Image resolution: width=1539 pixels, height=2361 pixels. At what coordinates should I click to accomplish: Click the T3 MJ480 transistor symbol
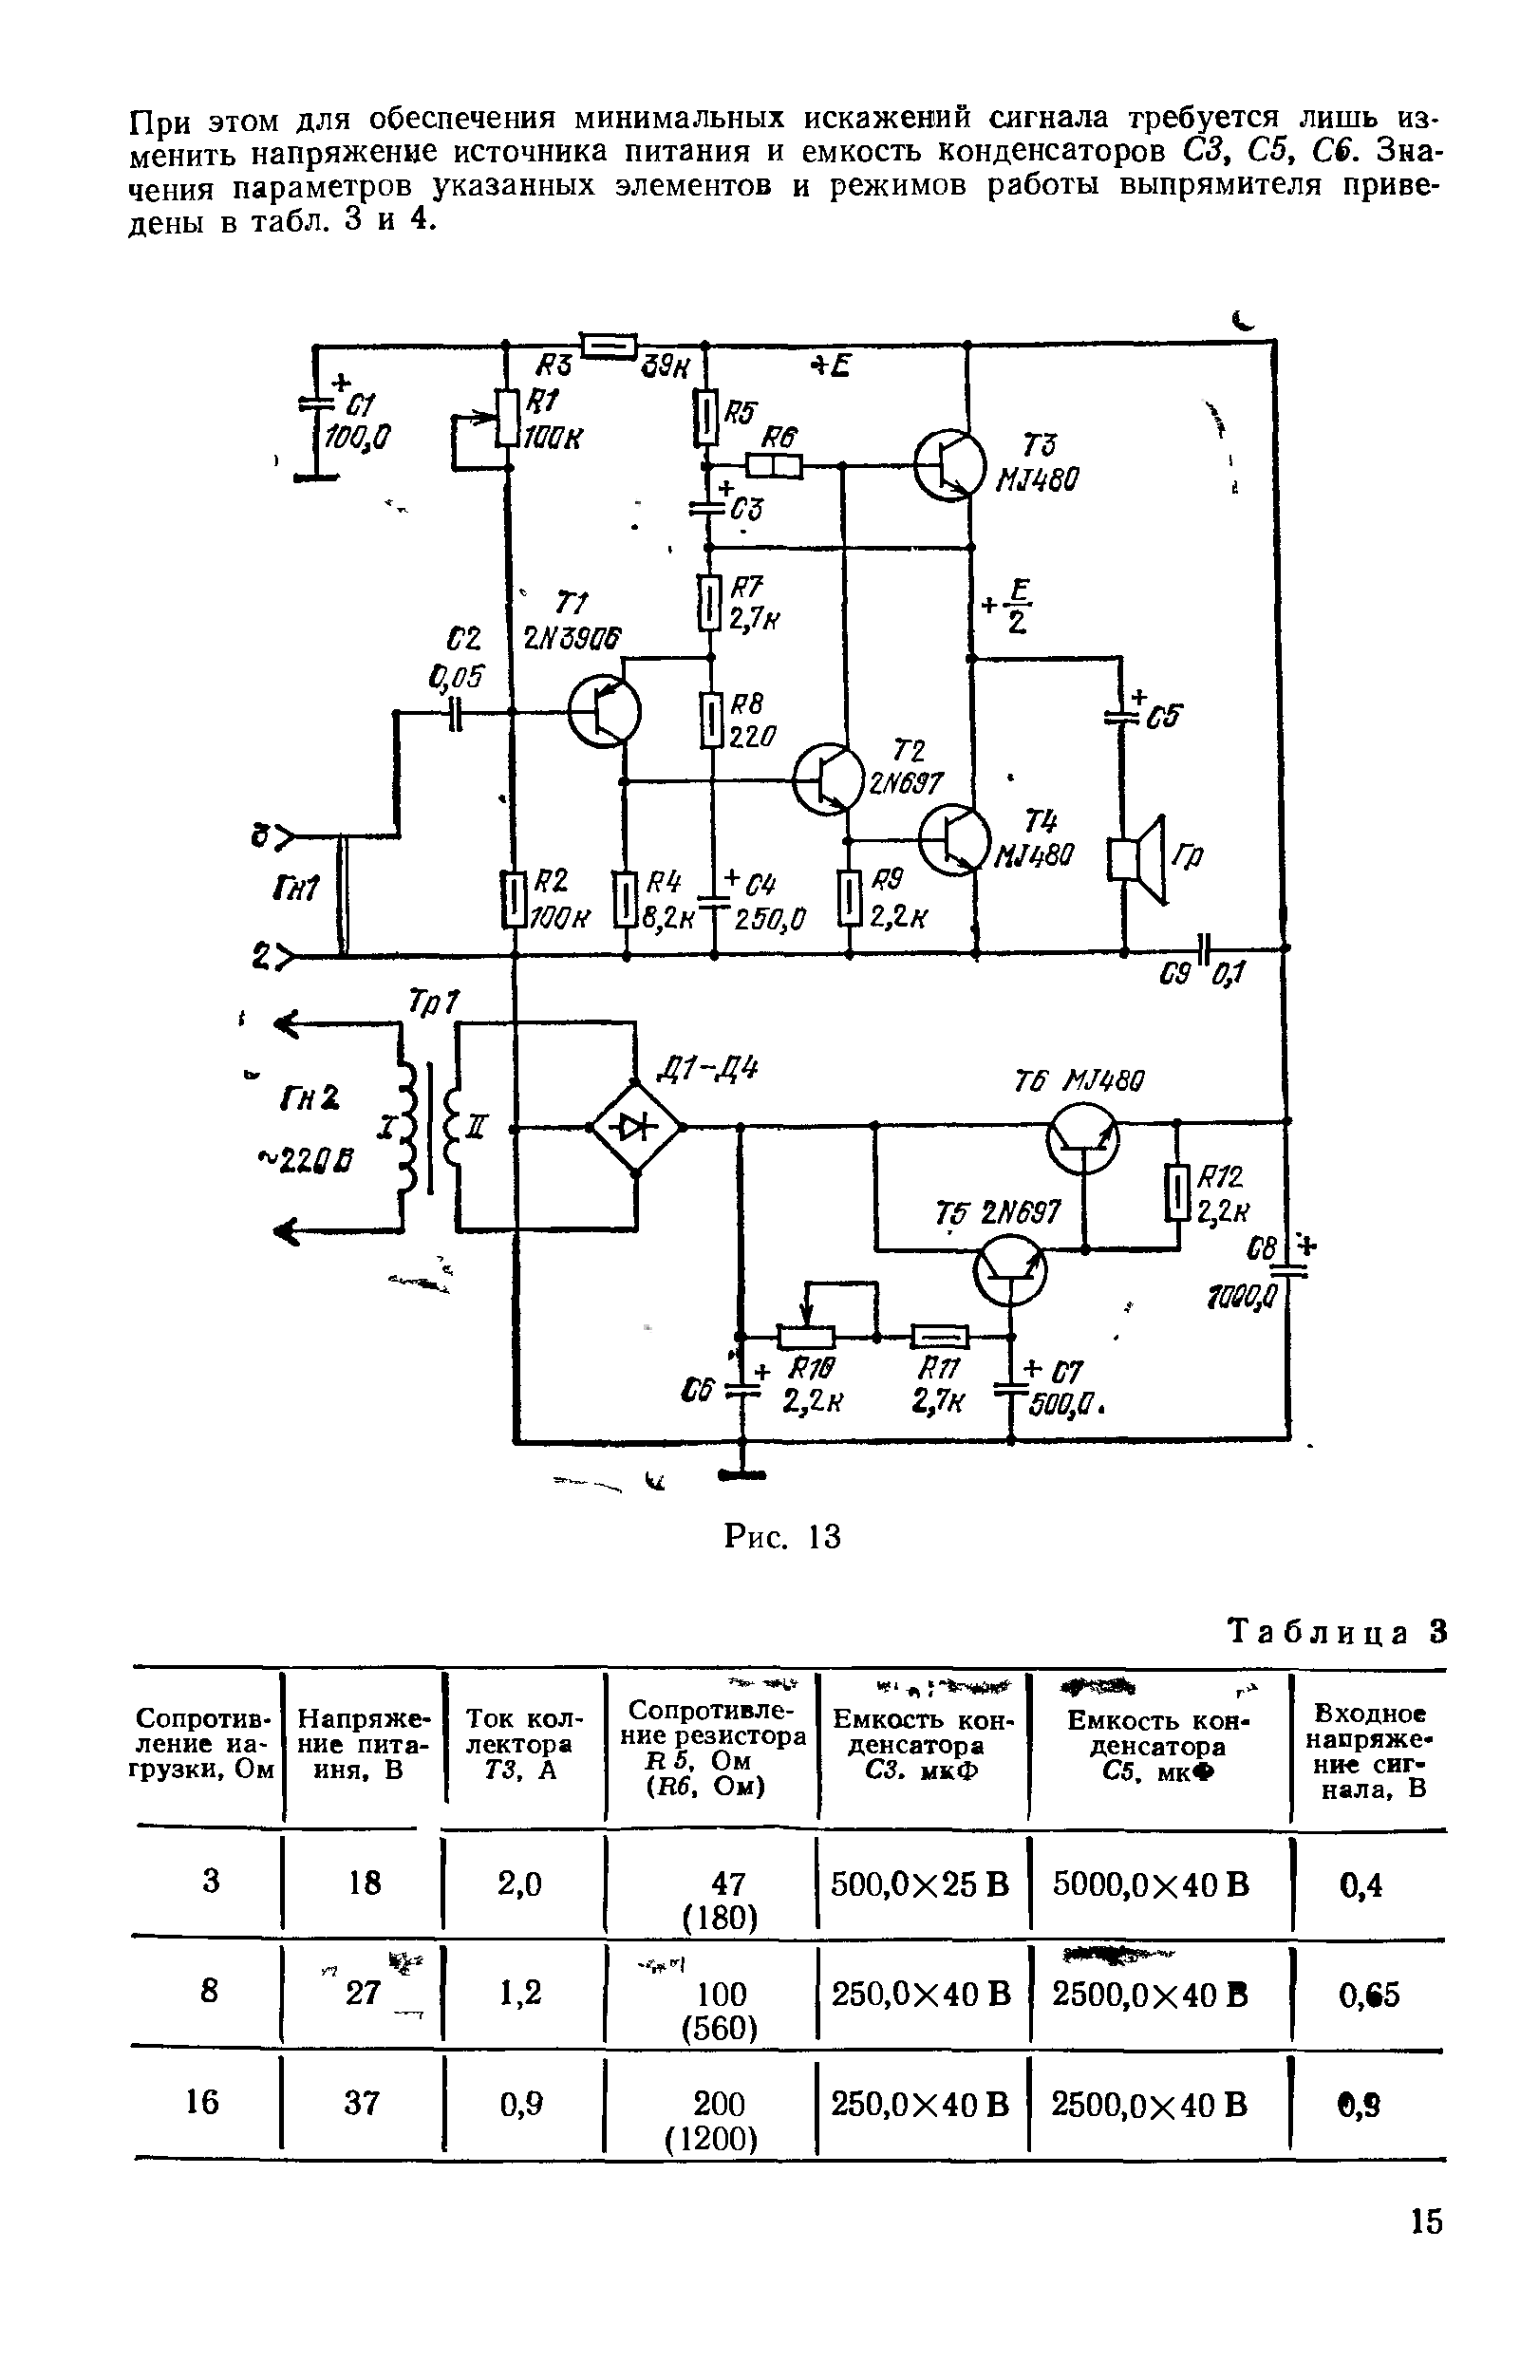tap(949, 464)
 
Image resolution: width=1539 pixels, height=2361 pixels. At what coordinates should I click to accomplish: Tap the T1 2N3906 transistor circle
tap(604, 712)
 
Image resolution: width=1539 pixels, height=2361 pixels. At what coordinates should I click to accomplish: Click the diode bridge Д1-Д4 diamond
tap(636, 1127)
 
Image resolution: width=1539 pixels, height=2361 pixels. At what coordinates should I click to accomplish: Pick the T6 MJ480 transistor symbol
tap(1082, 1140)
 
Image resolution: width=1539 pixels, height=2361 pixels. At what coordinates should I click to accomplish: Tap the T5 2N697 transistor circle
tap(1009, 1272)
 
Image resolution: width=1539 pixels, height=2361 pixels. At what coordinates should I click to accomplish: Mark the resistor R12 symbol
tap(1178, 1191)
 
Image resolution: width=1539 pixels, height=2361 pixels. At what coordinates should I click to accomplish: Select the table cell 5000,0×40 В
tap(1150, 1883)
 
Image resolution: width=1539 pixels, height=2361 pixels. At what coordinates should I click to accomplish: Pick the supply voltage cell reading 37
tap(361, 2102)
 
